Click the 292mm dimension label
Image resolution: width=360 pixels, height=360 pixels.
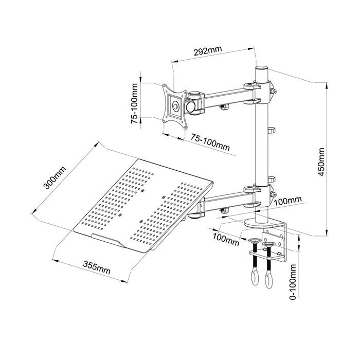208,51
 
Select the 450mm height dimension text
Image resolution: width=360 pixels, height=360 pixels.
321,162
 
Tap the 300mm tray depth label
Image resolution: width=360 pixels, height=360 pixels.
55,178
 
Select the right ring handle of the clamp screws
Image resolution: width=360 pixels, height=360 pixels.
268,281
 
